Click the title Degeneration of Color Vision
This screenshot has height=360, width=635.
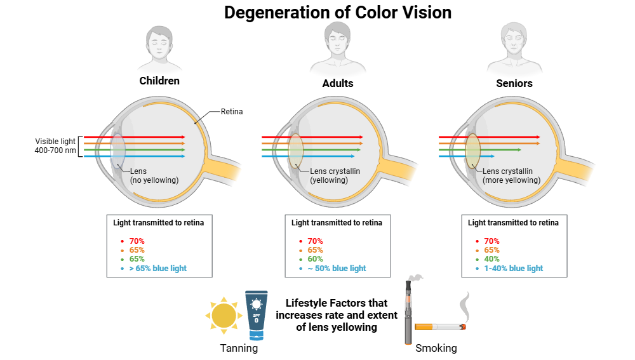tap(337, 13)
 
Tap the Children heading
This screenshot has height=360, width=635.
tap(159, 81)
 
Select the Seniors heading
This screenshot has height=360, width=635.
tap(514, 83)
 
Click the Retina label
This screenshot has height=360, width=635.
tap(231, 112)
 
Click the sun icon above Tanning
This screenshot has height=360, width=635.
tap(223, 315)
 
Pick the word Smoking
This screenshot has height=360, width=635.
tap(436, 349)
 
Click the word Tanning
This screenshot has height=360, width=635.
tap(239, 349)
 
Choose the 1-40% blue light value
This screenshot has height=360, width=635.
tap(514, 268)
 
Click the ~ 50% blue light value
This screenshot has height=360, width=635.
tap(337, 268)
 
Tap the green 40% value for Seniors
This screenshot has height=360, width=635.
tap(491, 259)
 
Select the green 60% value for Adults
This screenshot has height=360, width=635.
tap(315, 259)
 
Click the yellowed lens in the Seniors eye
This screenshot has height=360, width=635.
tap(472, 150)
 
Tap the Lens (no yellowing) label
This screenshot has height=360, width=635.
tap(154, 175)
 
